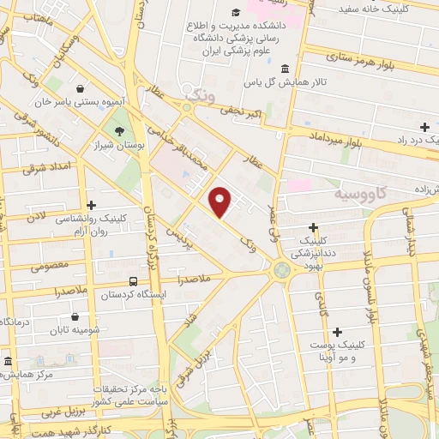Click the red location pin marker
(x=220, y=201)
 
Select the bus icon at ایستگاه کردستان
(x=133, y=280)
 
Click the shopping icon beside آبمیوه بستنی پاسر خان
(x=80, y=87)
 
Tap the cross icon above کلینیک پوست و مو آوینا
(x=337, y=332)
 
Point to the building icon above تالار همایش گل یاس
(x=285, y=69)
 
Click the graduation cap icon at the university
(x=236, y=12)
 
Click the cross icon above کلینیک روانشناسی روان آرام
(x=91, y=205)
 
